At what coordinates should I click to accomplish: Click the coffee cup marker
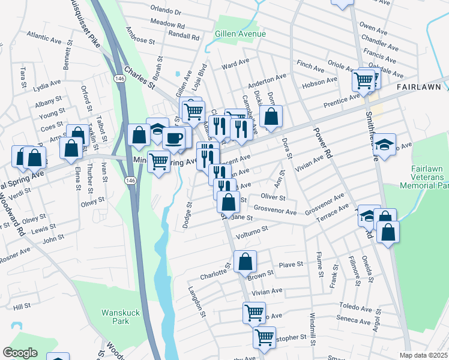(174, 138)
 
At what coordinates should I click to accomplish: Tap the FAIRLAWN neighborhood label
(419, 87)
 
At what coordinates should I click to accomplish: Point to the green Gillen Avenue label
(240, 34)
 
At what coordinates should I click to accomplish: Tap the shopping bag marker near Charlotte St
(245, 261)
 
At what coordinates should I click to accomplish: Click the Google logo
(20, 353)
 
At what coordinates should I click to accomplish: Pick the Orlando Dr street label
(166, 11)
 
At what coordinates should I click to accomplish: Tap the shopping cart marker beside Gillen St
(193, 110)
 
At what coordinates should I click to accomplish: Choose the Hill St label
(22, 307)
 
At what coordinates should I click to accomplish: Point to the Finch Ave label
(310, 63)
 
